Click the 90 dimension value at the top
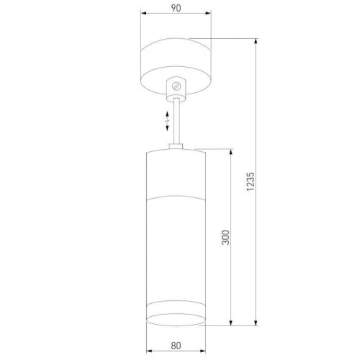tap(176, 8)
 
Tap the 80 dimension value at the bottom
tap(176, 346)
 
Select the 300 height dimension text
tap(225, 238)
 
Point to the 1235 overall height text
tap(250, 181)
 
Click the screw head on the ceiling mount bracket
tap(176, 86)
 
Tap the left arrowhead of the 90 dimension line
tap(144, 14)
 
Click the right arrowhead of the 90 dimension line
tap(208, 14)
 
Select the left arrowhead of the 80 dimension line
tap(149, 351)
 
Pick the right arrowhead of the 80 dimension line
tap(203, 351)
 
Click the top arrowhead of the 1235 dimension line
tap(256, 42)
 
